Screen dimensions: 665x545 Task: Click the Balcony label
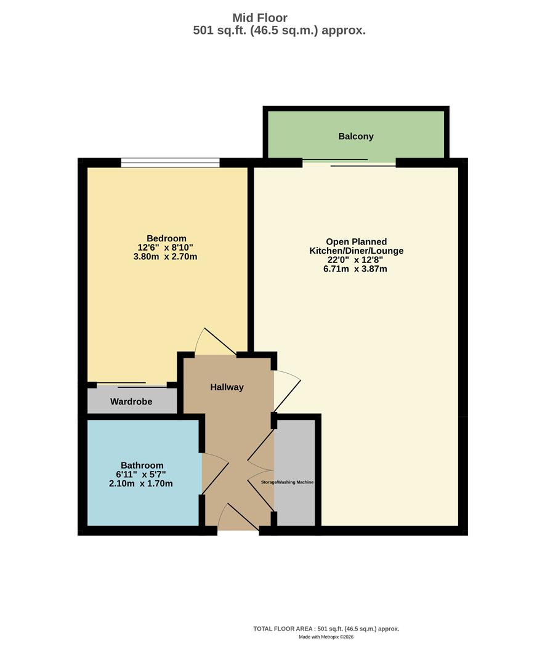(x=356, y=136)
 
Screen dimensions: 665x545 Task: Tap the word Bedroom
(x=166, y=238)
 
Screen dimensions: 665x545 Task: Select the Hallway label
(x=227, y=387)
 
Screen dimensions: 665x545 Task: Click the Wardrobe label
(x=131, y=402)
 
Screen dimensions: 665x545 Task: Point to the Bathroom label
(x=142, y=465)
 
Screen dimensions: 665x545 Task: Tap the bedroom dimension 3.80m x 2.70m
(x=165, y=256)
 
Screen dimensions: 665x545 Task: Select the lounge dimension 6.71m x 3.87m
(x=356, y=268)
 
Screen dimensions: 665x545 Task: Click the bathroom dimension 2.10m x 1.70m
(x=140, y=483)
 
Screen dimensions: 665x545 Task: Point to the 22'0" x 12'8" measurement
(x=356, y=259)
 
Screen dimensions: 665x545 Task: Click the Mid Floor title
(x=259, y=18)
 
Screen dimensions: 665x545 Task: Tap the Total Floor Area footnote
(x=326, y=629)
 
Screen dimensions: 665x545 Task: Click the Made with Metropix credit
(x=326, y=637)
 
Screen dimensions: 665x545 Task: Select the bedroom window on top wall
(x=170, y=163)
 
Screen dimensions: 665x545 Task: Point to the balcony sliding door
(x=350, y=163)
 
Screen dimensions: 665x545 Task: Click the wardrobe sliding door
(x=132, y=385)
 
